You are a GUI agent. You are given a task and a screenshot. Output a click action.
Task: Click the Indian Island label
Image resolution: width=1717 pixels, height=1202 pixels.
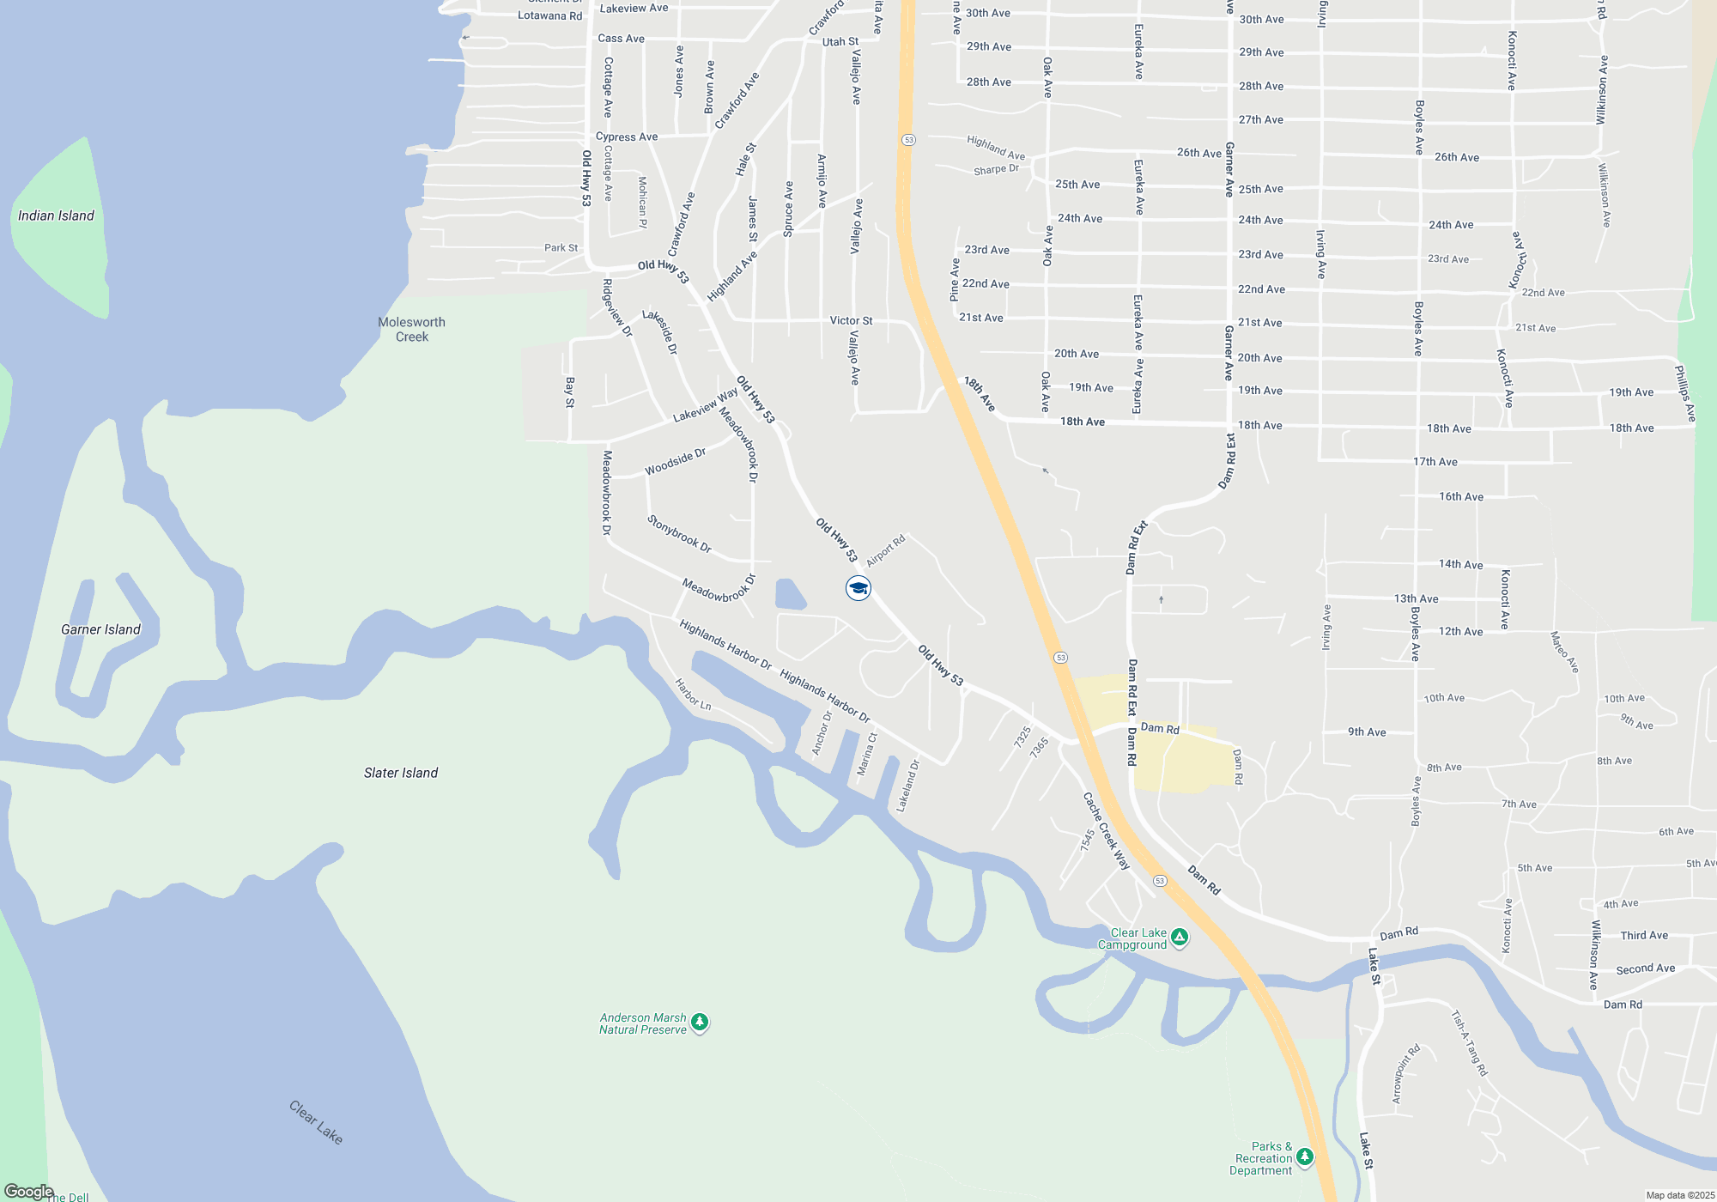pos(56,216)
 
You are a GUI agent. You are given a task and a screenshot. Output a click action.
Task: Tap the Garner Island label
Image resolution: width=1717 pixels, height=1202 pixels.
pos(100,629)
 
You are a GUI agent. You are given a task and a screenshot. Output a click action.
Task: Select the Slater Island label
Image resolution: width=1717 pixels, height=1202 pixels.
pos(400,773)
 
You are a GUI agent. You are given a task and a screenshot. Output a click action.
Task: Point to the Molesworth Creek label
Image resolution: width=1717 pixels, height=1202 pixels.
pos(411,330)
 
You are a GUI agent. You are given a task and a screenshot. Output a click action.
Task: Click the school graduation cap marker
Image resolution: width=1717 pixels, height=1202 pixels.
pos(858,588)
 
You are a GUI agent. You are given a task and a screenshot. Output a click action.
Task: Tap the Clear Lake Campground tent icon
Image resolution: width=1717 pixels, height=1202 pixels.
pos(1180,938)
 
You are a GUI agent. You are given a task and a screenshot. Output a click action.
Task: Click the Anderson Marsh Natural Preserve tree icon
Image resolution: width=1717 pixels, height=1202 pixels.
pos(700,1022)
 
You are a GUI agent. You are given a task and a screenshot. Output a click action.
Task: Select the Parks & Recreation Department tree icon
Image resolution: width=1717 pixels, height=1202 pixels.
pos(1304,1157)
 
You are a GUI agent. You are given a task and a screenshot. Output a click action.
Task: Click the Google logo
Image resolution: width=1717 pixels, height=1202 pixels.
pos(28,1192)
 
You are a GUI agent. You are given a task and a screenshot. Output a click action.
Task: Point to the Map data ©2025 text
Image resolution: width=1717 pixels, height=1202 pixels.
pos(1680,1195)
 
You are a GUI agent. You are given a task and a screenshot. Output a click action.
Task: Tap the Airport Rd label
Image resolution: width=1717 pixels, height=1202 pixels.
pos(885,550)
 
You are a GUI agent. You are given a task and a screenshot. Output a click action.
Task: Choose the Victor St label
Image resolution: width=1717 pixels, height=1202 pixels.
pos(851,320)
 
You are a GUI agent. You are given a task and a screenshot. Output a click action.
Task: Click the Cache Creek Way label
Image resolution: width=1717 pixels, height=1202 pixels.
pos(1106,831)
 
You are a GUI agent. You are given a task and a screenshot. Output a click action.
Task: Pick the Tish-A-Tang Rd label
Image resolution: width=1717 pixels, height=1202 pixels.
pos(1469,1043)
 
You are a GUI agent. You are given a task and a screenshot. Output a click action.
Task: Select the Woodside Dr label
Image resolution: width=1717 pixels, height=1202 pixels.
pos(675,462)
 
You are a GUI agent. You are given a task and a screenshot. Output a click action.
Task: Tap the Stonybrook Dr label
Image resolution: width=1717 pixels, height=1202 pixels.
pos(679,534)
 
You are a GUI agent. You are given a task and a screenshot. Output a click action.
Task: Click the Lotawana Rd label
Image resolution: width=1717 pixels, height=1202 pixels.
pos(549,15)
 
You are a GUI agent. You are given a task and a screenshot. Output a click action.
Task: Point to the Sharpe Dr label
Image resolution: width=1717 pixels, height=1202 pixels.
pos(996,169)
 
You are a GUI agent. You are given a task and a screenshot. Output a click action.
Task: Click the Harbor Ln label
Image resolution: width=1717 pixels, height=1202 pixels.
pos(692,695)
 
